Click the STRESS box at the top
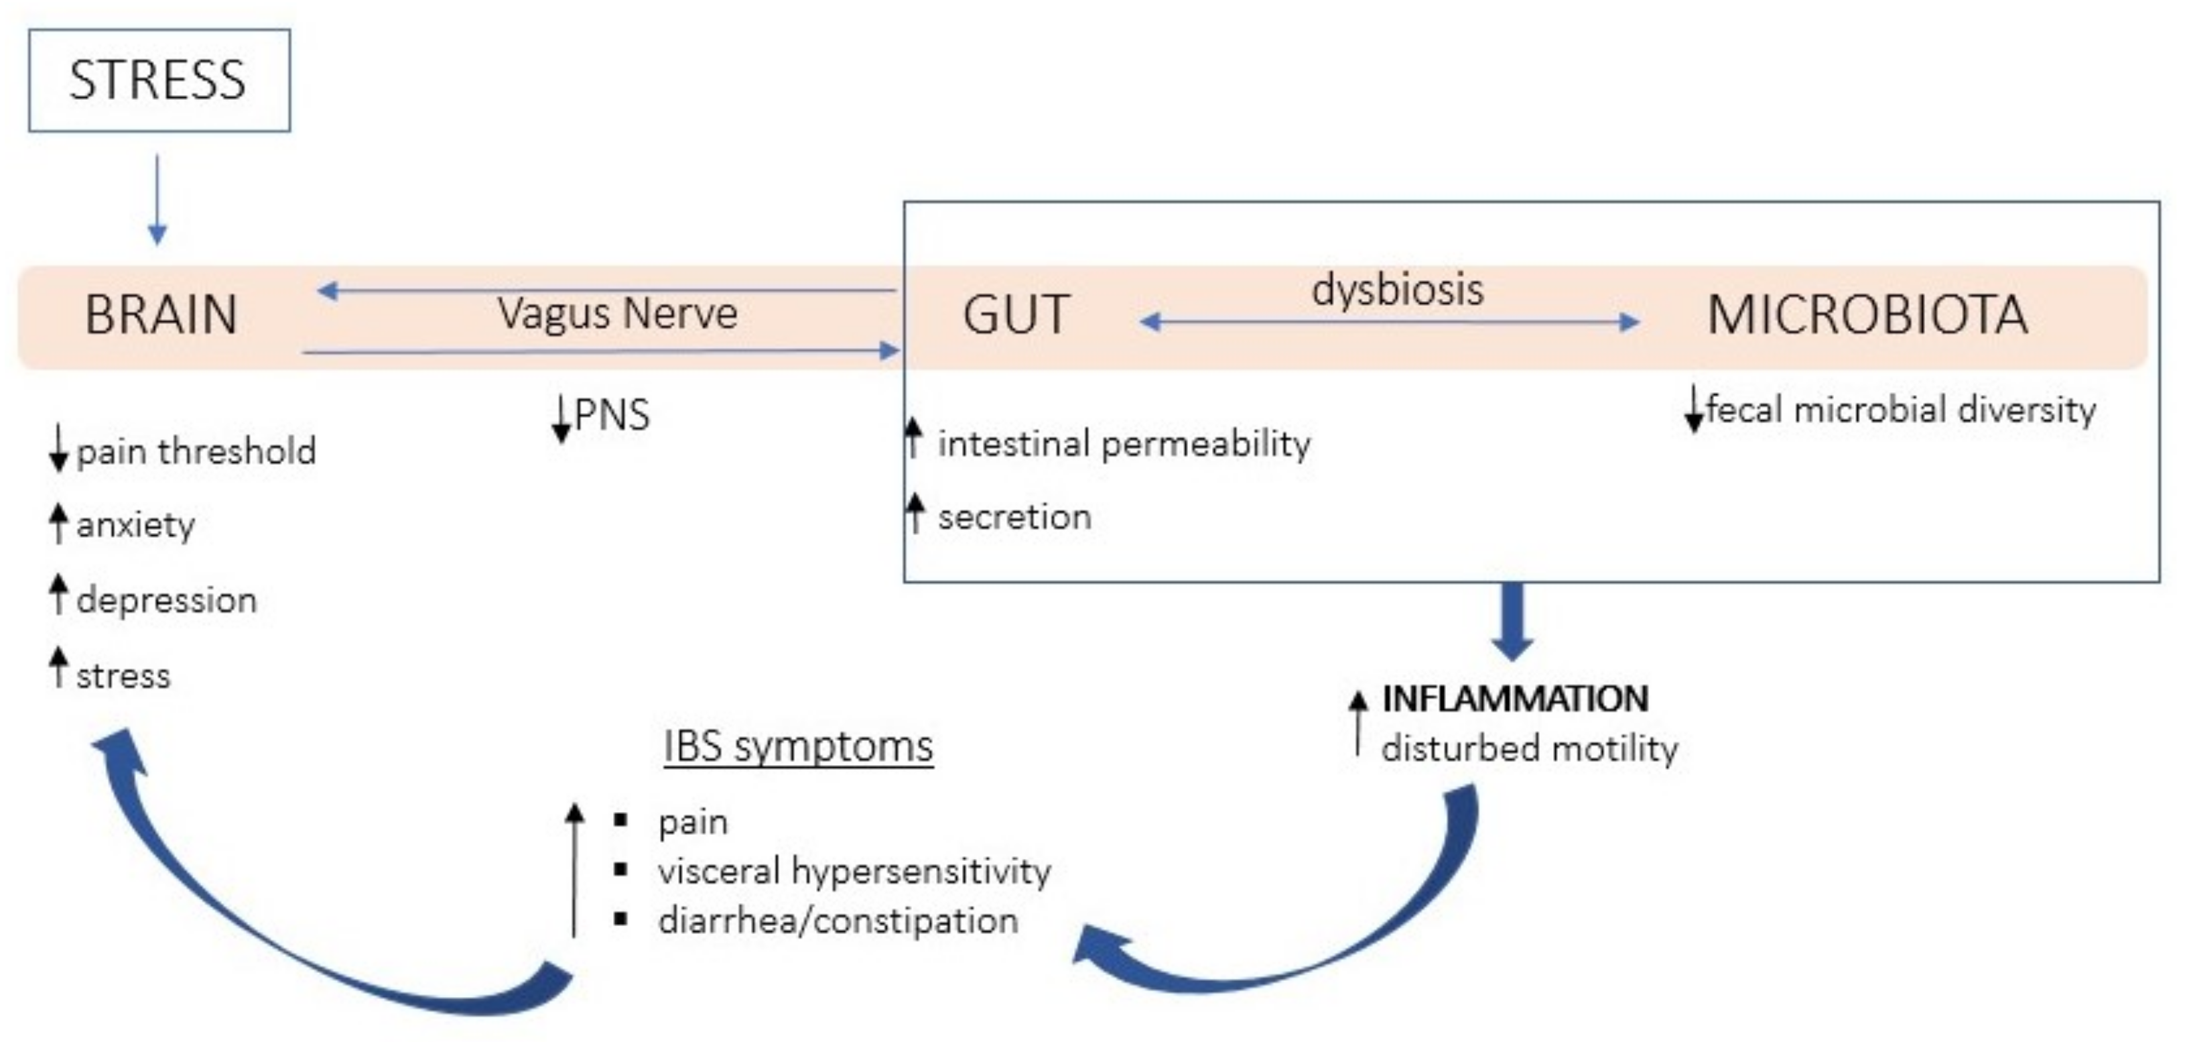coord(159,80)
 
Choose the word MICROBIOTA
coord(1867,314)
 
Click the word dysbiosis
coord(1397,290)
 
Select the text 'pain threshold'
coord(196,451)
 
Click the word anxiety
coord(136,525)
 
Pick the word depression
coord(166,601)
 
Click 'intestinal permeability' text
coord(1123,444)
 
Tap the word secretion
coord(1014,517)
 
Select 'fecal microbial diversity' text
coord(1901,410)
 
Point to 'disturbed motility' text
coord(1529,748)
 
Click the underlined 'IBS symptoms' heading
coord(798,747)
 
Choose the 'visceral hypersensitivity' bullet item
coord(854,872)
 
